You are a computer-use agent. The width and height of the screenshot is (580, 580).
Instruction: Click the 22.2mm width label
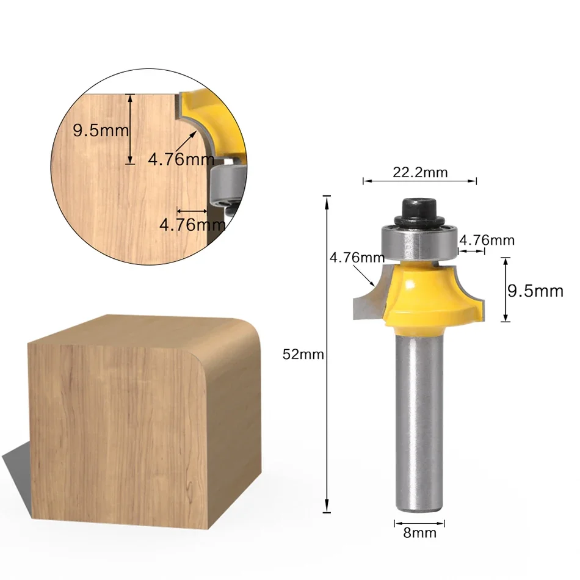419,172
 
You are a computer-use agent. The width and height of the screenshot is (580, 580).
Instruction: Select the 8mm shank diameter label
419,533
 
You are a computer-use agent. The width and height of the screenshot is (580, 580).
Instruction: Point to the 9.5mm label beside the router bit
535,291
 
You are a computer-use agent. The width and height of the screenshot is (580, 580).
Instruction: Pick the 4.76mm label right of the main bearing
487,241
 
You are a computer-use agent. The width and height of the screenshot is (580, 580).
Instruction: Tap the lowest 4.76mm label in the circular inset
192,225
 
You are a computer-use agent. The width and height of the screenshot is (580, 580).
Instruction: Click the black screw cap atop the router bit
419,211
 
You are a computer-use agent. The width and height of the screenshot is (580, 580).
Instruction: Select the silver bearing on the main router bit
419,242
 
